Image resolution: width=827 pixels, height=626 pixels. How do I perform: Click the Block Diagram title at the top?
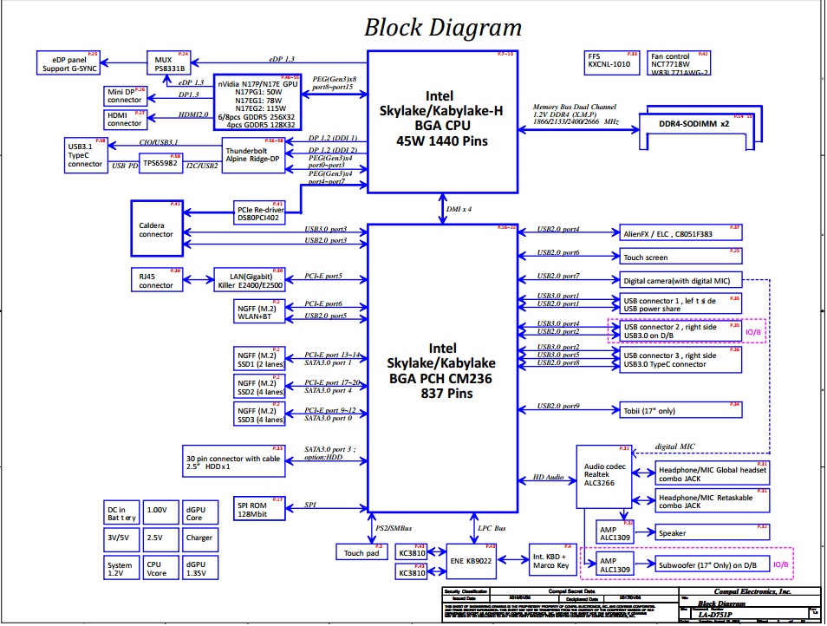[443, 27]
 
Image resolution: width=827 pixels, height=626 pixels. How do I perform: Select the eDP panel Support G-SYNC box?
[68, 62]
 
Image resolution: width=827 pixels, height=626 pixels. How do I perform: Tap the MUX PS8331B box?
[169, 63]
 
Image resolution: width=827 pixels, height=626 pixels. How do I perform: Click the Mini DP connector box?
[125, 95]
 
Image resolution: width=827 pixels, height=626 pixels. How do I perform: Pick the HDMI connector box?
[125, 119]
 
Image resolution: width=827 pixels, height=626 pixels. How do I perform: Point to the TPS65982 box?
[161, 162]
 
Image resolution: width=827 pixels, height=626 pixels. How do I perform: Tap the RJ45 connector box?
[156, 279]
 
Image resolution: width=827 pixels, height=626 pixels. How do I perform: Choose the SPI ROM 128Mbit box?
[259, 506]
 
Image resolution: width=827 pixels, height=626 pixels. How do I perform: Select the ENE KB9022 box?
[472, 561]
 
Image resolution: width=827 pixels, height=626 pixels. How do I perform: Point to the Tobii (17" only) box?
[680, 410]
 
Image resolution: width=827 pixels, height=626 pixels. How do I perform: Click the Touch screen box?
[680, 258]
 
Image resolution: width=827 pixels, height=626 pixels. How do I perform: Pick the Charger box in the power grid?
[199, 538]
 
